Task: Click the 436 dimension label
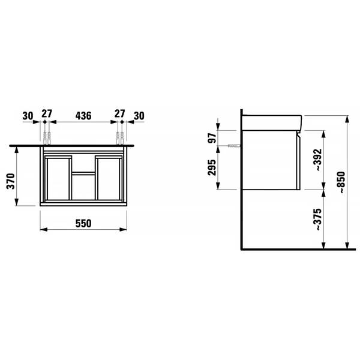point(83,116)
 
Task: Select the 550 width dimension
point(83,223)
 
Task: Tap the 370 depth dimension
point(11,181)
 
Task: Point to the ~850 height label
point(341,182)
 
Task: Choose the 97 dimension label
point(212,138)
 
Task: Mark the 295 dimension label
point(212,167)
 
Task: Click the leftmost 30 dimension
point(28,116)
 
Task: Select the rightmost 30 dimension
point(139,116)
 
